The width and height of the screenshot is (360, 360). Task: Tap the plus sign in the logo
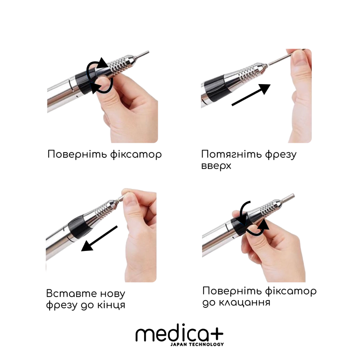216,334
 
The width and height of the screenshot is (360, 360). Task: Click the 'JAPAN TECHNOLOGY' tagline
197,344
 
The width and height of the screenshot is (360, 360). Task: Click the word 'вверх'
216,166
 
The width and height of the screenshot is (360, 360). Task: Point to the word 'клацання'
244,302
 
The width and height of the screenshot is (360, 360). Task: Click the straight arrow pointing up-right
251,94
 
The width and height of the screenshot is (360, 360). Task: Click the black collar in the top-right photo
215,89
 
